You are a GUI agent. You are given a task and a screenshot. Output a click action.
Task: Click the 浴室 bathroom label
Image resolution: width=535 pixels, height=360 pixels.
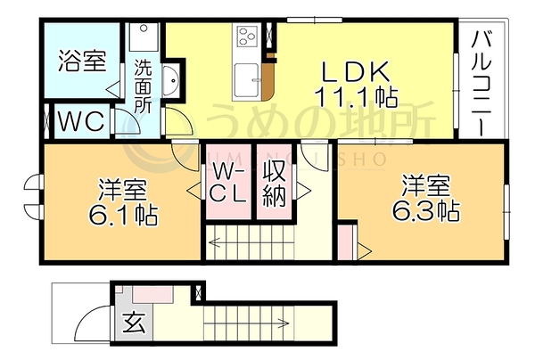click(82, 61)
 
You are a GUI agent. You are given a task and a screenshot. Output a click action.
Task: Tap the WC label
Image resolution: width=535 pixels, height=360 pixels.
click(81, 121)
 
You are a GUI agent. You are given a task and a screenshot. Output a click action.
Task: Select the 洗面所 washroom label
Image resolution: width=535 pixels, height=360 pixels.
click(143, 86)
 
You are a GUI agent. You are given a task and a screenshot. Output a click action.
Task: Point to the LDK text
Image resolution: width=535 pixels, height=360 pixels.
click(356, 71)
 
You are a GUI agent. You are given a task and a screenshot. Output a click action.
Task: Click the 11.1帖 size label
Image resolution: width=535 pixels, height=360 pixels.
click(357, 96)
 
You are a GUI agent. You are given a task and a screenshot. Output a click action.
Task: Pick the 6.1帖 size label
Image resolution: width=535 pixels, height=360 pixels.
click(123, 215)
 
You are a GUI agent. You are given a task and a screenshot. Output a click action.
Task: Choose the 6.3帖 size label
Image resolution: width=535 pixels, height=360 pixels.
click(425, 210)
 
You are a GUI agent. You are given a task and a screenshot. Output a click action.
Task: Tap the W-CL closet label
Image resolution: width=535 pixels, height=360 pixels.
click(227, 182)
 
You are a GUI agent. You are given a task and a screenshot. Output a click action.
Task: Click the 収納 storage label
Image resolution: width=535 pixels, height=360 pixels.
click(275, 184)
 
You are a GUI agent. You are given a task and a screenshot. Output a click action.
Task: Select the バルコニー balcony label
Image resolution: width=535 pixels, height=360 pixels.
click(481, 83)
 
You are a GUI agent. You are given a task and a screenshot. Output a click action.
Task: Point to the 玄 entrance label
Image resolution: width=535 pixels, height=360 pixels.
click(134, 322)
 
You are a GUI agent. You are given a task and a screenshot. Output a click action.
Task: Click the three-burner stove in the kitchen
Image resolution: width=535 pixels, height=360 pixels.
click(247, 36)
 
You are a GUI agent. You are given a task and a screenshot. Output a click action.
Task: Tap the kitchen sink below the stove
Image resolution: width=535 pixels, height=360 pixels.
click(247, 80)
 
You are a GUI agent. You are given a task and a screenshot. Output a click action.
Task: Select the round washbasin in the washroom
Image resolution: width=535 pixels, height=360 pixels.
click(170, 81)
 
